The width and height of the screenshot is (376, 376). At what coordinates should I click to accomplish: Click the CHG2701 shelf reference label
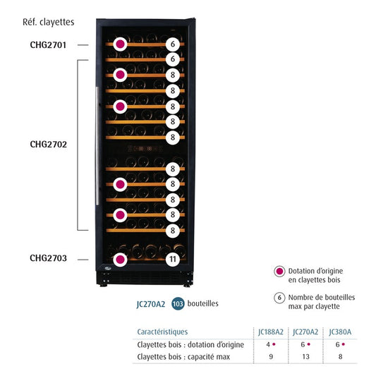click(48, 44)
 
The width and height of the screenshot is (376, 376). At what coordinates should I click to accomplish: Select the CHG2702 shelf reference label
click(48, 144)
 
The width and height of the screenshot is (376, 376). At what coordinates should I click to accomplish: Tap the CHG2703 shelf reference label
click(48, 258)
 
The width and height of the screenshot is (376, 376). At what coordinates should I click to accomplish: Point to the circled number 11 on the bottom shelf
click(173, 260)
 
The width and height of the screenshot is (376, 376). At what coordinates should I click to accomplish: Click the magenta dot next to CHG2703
click(121, 260)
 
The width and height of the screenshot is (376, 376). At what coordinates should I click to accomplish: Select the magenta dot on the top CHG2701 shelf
click(121, 44)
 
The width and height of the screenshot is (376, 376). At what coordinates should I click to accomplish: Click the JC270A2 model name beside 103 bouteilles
click(150, 304)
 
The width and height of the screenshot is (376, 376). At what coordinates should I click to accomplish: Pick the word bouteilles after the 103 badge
click(203, 304)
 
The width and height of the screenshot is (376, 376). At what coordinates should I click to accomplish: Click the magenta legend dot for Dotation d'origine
click(279, 272)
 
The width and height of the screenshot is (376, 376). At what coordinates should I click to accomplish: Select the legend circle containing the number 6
click(279, 298)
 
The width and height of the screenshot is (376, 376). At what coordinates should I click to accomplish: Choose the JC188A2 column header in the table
click(270, 332)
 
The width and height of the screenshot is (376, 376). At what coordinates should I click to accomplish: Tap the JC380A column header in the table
click(339, 332)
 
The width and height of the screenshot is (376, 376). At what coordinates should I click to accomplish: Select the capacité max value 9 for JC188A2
click(270, 357)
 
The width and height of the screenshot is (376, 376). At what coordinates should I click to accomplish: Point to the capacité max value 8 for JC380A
click(339, 357)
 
